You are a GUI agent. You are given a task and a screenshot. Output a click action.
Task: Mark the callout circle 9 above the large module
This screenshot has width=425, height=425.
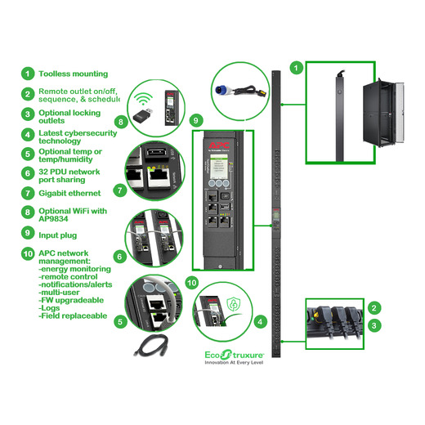(x=195, y=121)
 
